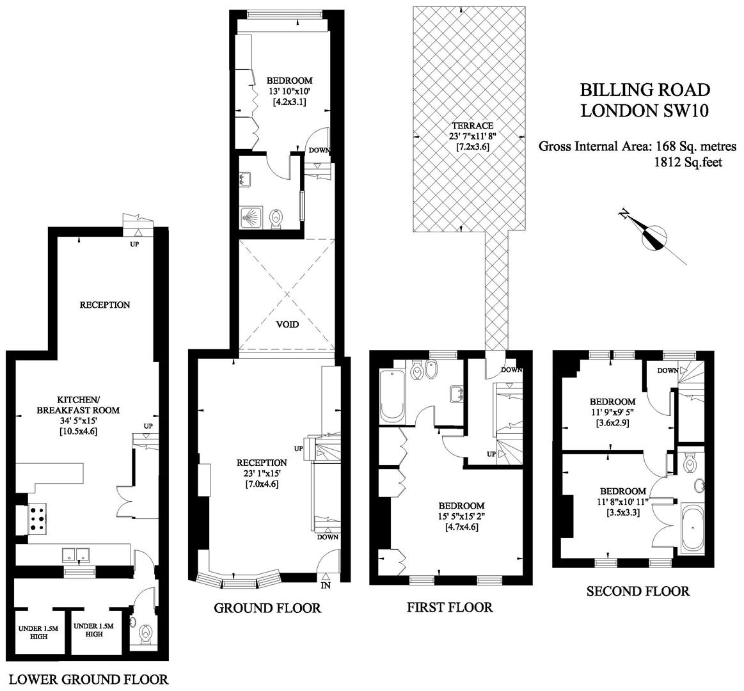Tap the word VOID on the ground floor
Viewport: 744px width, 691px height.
(287, 324)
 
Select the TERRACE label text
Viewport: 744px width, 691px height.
(472, 126)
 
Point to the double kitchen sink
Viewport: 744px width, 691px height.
(76, 554)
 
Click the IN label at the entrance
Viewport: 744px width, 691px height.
(326, 585)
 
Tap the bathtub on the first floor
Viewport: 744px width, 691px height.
(392, 395)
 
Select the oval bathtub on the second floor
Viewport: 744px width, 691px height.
(692, 527)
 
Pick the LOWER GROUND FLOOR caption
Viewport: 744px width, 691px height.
(89, 679)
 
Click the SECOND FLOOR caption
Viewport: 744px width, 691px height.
(638, 591)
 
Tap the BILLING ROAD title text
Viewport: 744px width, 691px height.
(645, 90)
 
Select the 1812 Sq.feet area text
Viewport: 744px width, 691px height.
(688, 163)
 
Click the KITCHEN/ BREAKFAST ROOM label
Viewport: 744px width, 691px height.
(78, 404)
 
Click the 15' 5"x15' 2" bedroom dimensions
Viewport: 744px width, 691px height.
(461, 516)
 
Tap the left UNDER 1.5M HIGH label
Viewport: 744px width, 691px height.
(38, 633)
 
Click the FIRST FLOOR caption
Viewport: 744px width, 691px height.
(450, 607)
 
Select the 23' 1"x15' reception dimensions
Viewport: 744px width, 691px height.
(262, 473)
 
